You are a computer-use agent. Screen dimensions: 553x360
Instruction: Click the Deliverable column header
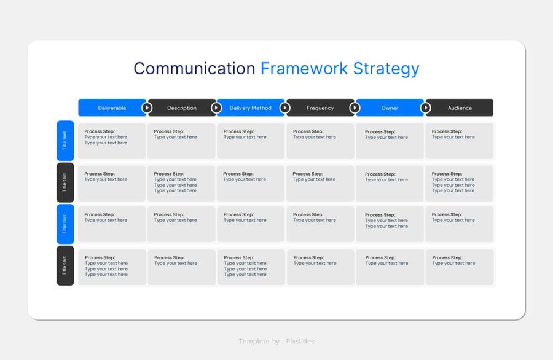point(112,108)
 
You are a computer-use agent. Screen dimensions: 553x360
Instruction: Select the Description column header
point(182,108)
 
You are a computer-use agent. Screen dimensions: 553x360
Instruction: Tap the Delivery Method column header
point(251,108)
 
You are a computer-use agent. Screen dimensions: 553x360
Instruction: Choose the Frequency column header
point(320,108)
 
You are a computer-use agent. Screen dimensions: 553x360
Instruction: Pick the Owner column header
point(390,108)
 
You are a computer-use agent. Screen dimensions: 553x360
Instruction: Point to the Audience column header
point(459,108)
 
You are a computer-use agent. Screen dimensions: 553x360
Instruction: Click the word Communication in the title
point(194,68)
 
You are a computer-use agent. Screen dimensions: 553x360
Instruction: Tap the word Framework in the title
point(304,68)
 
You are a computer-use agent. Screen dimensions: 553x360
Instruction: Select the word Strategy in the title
point(386,69)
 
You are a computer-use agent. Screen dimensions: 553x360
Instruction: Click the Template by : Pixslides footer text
point(276,341)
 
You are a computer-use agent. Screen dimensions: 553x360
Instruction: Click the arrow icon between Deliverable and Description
point(147,108)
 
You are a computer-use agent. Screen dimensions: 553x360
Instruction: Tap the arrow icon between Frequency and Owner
point(355,108)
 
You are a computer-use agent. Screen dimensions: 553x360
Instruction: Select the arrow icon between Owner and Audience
point(426,108)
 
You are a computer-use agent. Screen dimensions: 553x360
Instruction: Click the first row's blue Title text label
point(65,141)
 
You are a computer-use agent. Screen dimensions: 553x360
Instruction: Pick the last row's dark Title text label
point(65,265)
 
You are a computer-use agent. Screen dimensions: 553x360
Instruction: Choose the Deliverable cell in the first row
point(112,141)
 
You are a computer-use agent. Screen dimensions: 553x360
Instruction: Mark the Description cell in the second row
point(181,183)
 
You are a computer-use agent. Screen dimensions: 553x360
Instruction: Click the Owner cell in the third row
point(390,224)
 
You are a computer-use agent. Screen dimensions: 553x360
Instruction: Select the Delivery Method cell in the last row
point(251,267)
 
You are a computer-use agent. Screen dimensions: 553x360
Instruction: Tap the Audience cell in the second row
point(459,183)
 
